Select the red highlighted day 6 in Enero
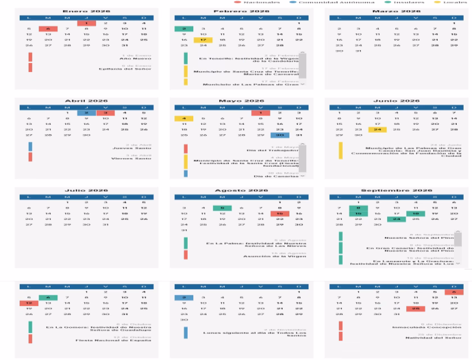pos(48,29)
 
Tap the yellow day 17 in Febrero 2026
pos(203,40)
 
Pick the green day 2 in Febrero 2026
pos(183,29)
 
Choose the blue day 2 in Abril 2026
pos(87,113)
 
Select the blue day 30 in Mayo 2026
pos(279,135)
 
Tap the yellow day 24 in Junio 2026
pos(377,130)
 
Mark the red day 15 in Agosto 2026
pos(279,214)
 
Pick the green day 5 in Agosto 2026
pos(222,208)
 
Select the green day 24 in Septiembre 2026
pos(396,219)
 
